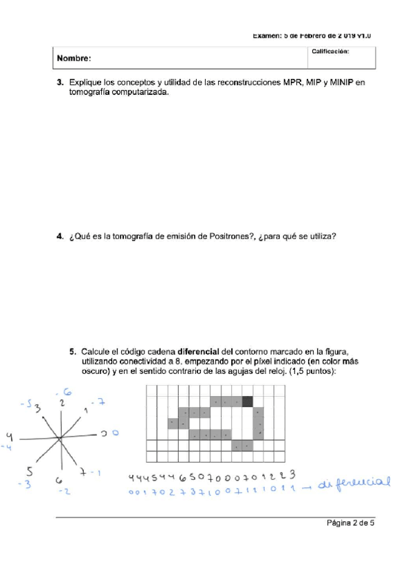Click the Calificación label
pos(330,51)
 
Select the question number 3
pos(60,82)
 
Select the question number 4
pos(60,237)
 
